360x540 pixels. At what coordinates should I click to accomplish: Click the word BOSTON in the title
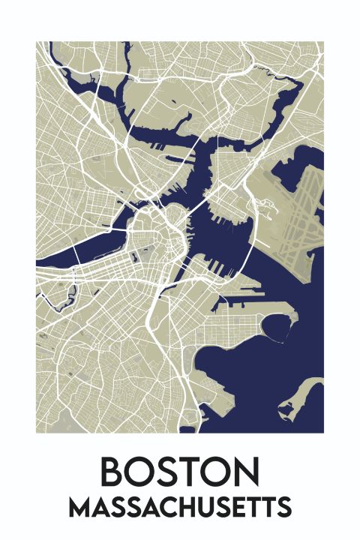[x=179, y=472]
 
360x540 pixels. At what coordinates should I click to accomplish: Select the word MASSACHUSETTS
[x=179, y=508]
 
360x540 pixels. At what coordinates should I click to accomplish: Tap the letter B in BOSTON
[x=114, y=472]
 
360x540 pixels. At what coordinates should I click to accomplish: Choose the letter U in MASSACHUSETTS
[x=198, y=508]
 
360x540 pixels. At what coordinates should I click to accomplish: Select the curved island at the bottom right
[x=303, y=397]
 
